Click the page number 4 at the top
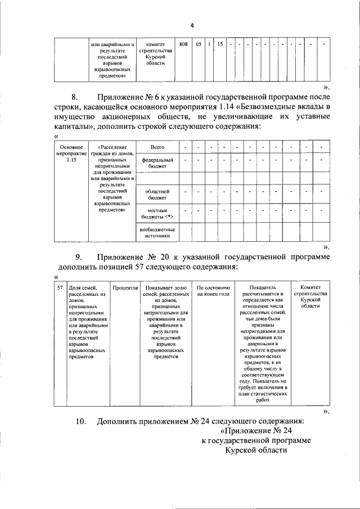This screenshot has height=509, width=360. pyautogui.click(x=192, y=26)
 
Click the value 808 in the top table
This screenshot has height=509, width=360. pyautogui.click(x=183, y=44)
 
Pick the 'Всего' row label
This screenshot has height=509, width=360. pyautogui.click(x=157, y=147)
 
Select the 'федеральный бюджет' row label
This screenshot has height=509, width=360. pyautogui.click(x=157, y=164)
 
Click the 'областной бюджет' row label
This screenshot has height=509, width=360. pyautogui.click(x=157, y=195)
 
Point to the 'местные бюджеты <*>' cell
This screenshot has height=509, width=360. pyautogui.click(x=157, y=213)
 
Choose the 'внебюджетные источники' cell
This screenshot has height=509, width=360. pyautogui.click(x=157, y=232)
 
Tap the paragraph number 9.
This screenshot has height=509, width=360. pyautogui.click(x=79, y=257)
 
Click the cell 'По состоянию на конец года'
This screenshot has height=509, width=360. pyautogui.click(x=214, y=290)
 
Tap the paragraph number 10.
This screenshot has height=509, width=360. pyautogui.click(x=81, y=421)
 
